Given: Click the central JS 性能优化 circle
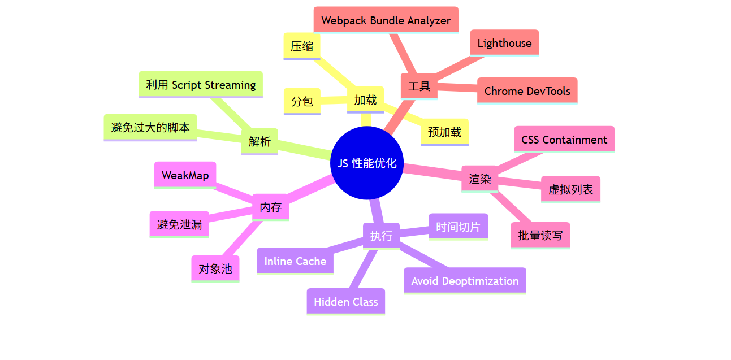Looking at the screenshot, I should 366,163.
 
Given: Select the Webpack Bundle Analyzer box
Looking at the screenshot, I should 386,20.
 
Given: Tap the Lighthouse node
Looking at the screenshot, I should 504,43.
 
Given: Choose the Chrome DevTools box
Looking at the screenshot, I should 527,91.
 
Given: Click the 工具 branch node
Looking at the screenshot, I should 419,86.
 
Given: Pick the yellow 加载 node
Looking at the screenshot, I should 365,100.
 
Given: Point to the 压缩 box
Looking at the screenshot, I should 302,46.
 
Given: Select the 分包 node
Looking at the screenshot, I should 302,102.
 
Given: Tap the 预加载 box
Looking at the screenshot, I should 444,132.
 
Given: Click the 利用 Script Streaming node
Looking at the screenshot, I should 201,85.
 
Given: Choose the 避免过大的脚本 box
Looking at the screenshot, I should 150,128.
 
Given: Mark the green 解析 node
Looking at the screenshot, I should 259,141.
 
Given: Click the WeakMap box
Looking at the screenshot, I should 185,175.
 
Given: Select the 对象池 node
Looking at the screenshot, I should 215,268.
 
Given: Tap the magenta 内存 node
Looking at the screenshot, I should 270,207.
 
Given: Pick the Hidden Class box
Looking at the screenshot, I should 345,302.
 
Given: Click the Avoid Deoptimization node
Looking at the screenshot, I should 465,281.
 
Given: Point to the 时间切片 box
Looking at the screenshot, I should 458,227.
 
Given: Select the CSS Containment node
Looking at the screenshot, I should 564,140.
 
